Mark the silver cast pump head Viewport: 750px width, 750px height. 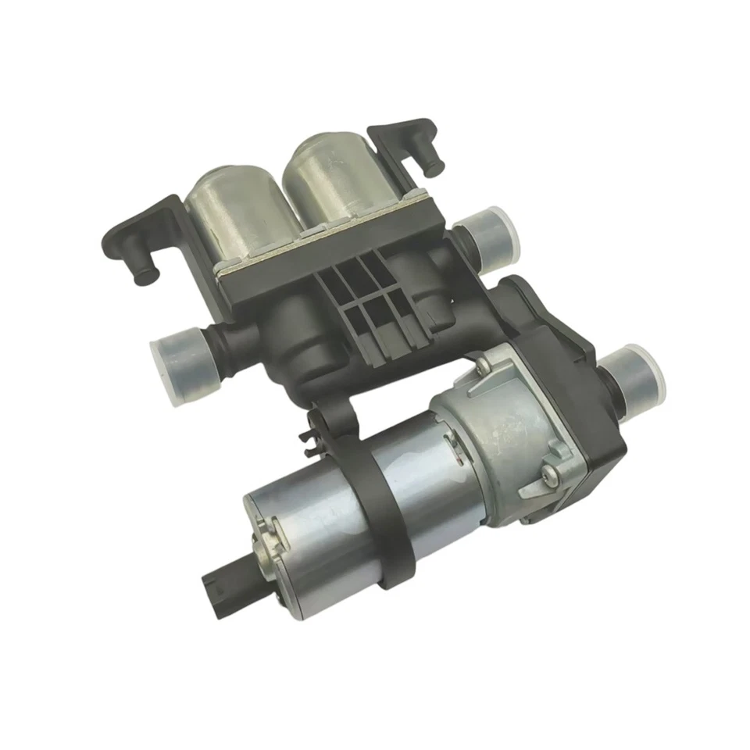[x=508, y=422]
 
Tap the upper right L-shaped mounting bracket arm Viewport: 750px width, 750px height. [x=406, y=141]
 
